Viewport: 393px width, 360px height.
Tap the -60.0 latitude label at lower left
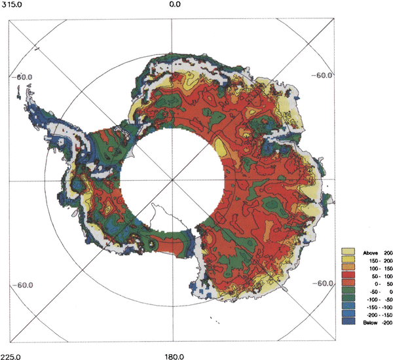[24, 285]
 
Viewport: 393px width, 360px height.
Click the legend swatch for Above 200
[349, 251]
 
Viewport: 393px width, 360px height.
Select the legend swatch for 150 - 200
[349, 260]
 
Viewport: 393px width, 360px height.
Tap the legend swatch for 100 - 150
[349, 268]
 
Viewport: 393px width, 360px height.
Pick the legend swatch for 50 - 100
[349, 276]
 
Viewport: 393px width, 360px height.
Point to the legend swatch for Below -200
[349, 323]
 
